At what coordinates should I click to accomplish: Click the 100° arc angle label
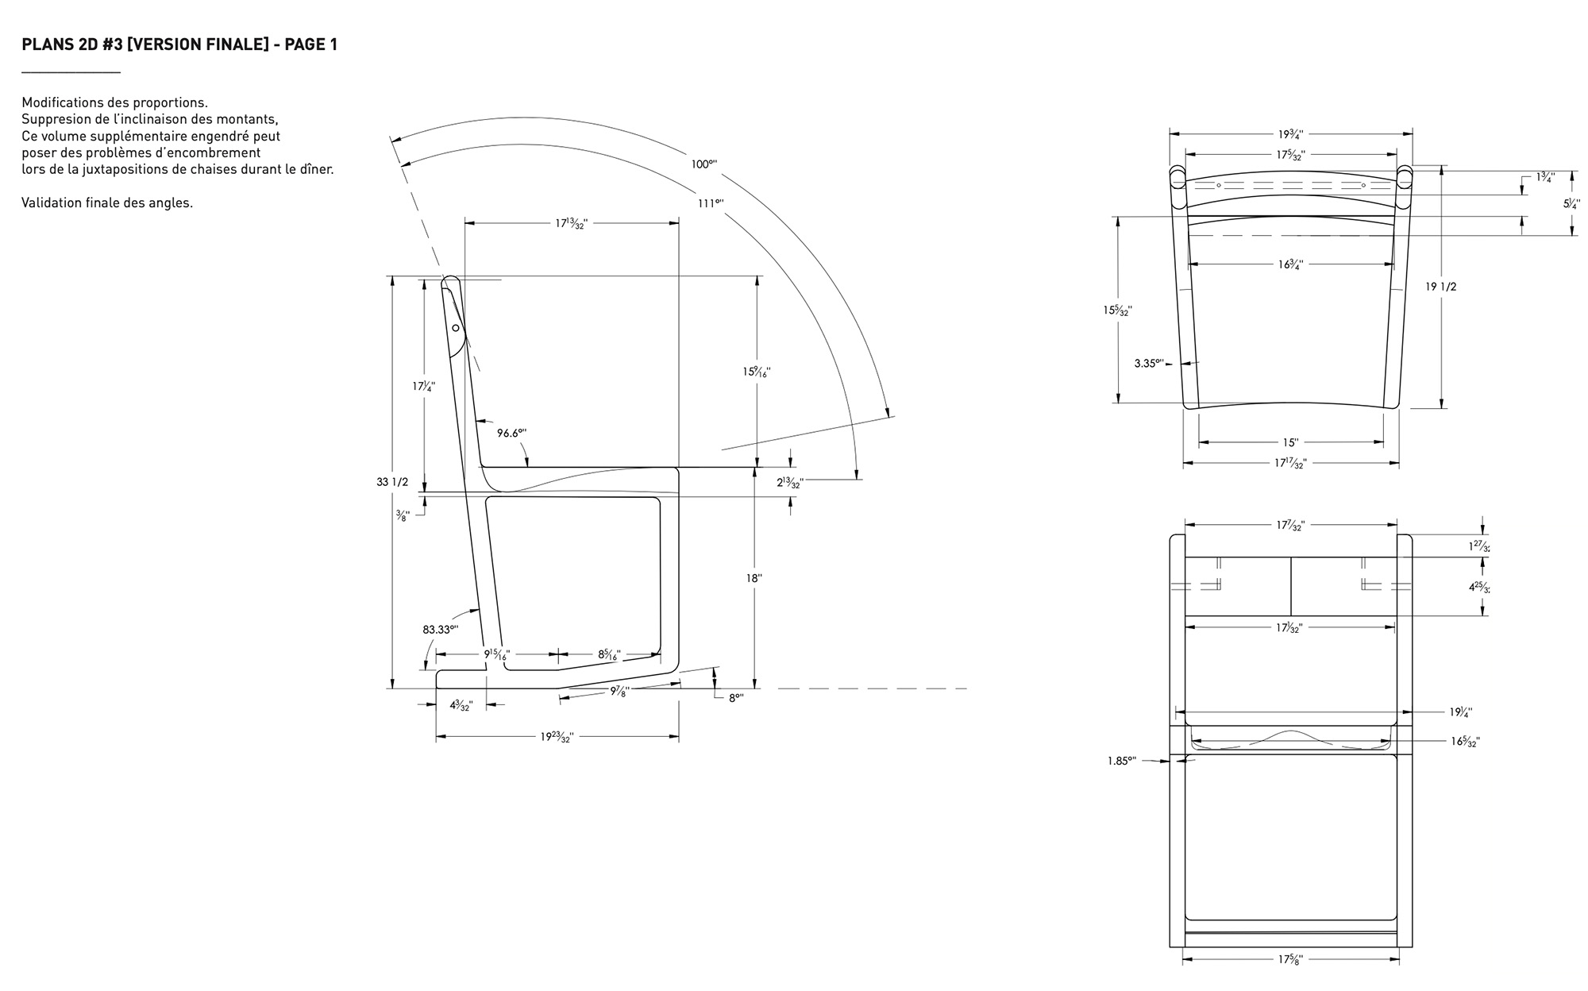[x=703, y=164]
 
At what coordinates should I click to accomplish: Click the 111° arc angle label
[x=711, y=203]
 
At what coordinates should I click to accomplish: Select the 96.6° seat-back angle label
[x=512, y=433]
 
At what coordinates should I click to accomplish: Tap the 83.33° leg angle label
[x=441, y=630]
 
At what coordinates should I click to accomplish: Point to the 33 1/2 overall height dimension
[x=392, y=482]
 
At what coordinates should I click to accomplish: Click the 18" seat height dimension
[x=754, y=579]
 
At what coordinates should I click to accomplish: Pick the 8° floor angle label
[x=736, y=699]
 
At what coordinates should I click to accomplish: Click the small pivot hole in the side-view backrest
[x=456, y=327]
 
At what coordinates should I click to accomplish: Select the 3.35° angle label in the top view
[x=1149, y=364]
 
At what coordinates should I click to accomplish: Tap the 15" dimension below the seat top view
[x=1290, y=442]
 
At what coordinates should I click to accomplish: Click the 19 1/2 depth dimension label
[x=1441, y=287]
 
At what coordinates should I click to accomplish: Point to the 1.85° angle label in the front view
[x=1122, y=761]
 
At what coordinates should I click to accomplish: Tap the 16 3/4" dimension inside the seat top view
[x=1290, y=264]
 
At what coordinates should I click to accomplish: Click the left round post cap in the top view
[x=1177, y=178]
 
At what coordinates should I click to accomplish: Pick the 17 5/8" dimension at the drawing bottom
[x=1290, y=959]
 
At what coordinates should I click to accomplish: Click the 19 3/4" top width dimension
[x=1290, y=134]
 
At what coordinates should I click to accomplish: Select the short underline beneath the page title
[x=71, y=73]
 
